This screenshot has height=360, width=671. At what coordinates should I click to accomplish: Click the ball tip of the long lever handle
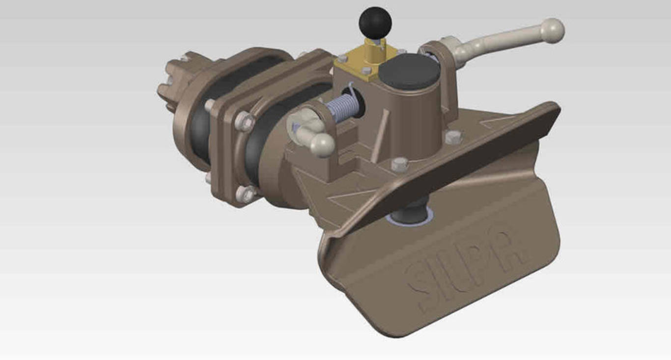(x=553, y=29)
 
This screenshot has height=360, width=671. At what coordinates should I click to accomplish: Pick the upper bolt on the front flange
(x=244, y=121)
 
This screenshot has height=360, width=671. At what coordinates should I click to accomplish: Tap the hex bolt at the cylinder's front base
(x=399, y=164)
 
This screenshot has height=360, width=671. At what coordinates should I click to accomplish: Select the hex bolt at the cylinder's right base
(x=452, y=137)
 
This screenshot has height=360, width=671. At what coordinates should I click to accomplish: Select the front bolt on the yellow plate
(x=365, y=71)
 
